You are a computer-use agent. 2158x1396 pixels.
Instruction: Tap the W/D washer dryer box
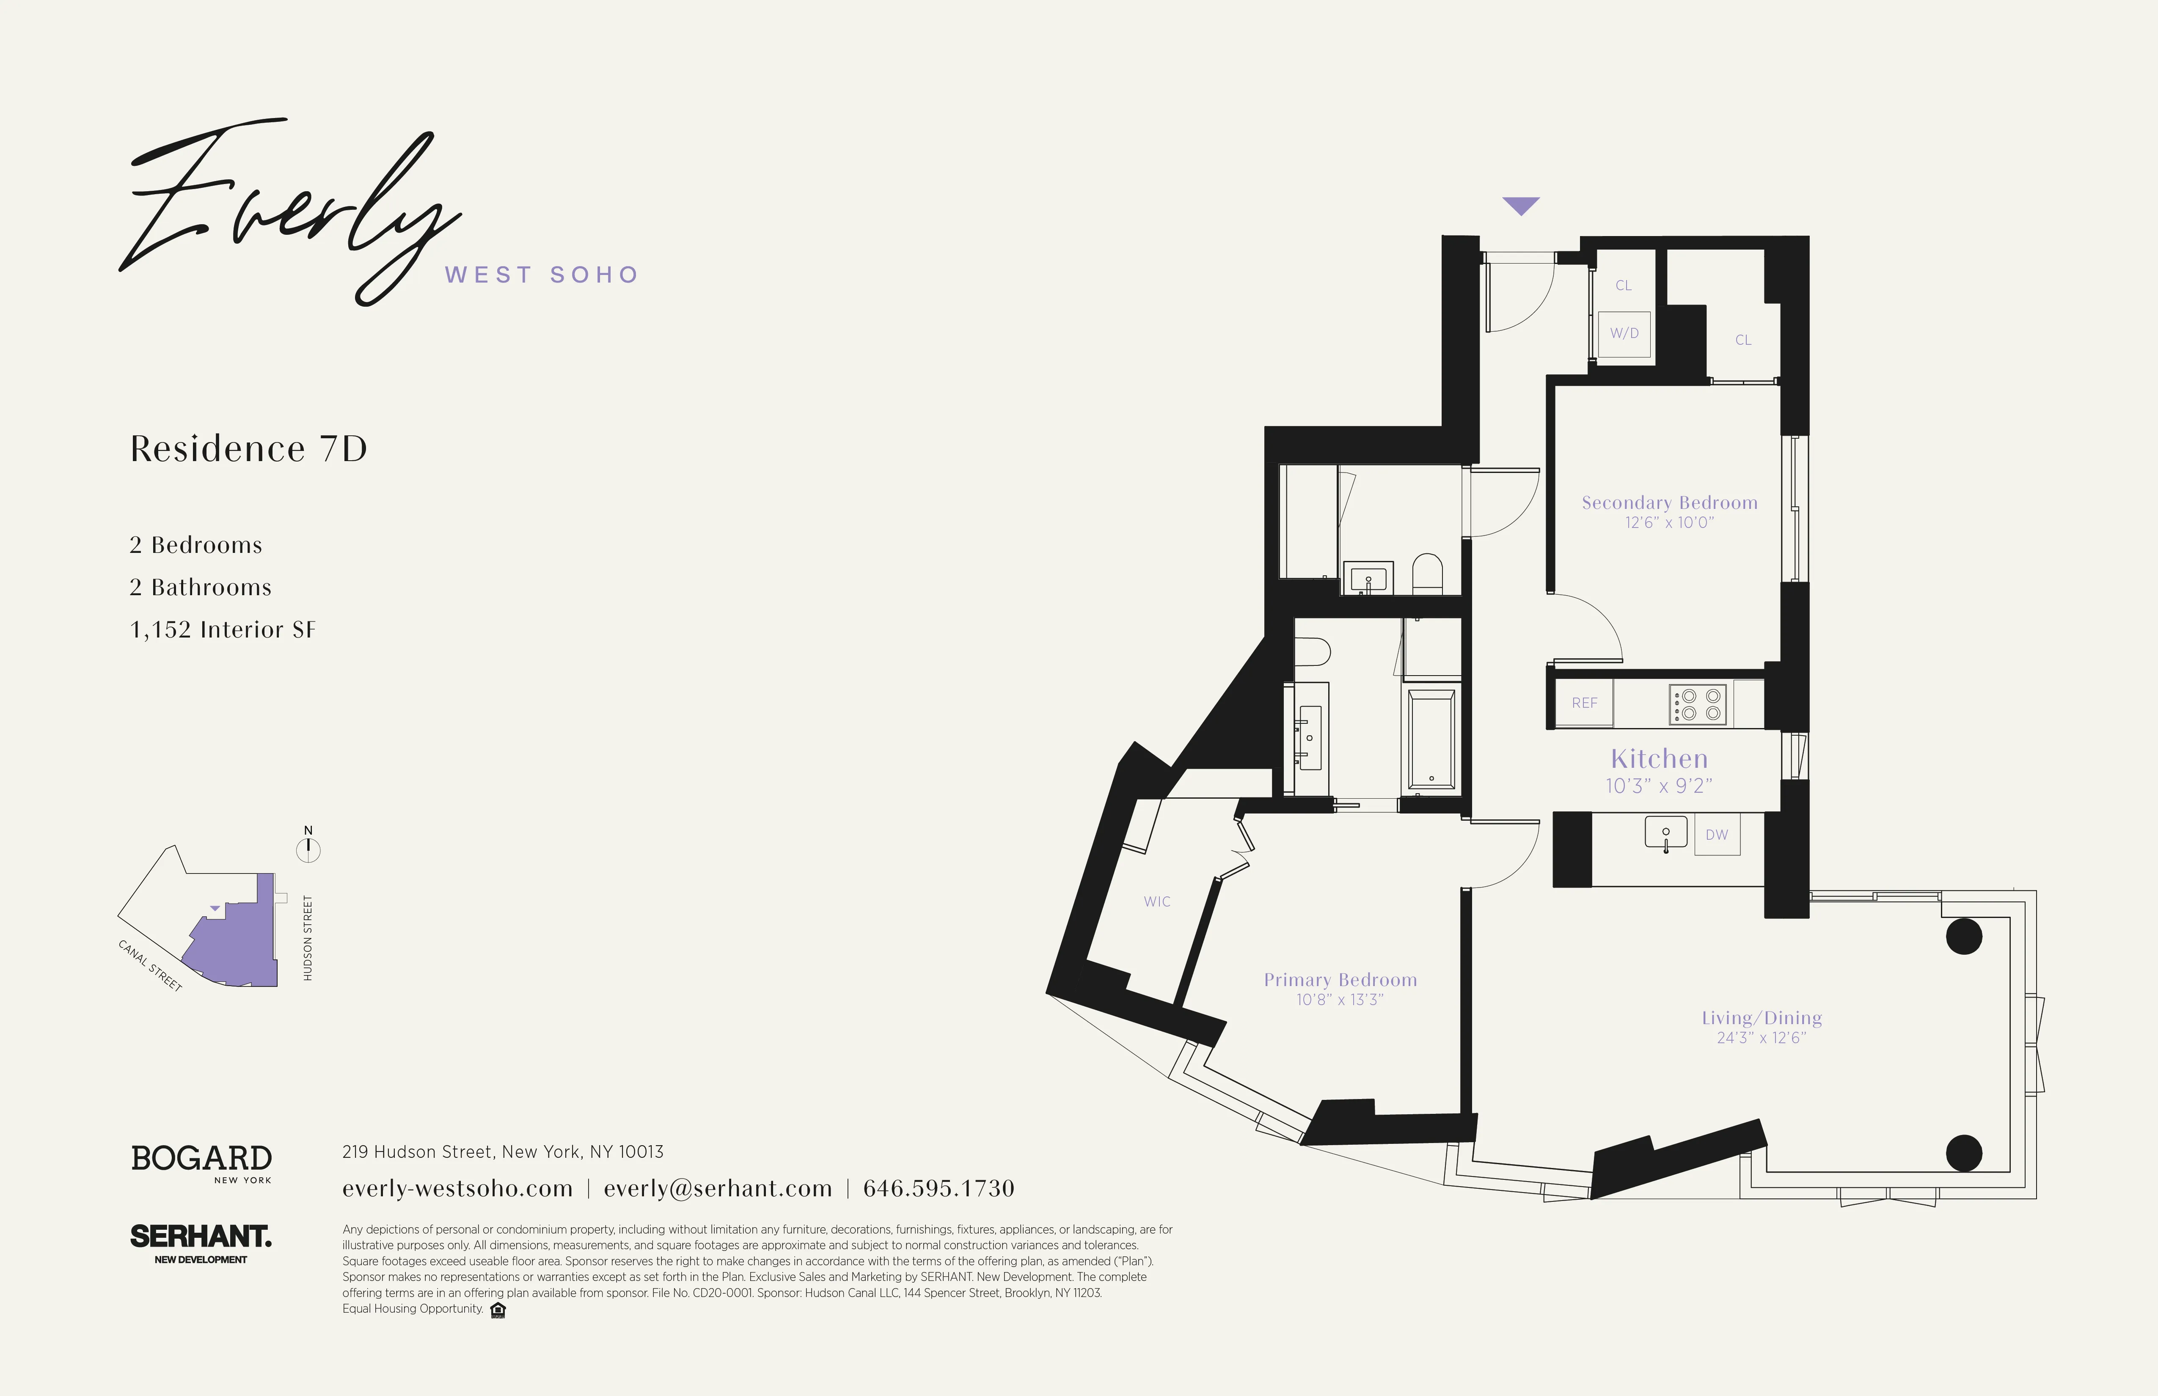[x=1624, y=334]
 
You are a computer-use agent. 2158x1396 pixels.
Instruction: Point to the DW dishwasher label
[x=1716, y=835]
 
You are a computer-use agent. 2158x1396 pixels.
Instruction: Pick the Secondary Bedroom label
[x=1669, y=502]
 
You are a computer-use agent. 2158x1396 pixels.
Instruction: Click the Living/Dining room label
[x=1761, y=1018]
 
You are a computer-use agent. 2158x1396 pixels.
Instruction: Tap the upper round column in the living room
[x=1964, y=937]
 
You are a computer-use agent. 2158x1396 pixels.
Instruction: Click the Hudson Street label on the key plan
[x=307, y=937]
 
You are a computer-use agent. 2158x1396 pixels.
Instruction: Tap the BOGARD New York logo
[x=201, y=1162]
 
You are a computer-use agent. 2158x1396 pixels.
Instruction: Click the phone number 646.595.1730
[x=939, y=1188]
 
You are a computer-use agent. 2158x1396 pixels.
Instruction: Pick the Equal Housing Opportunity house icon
[x=498, y=1310]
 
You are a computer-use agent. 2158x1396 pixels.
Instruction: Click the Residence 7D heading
[x=248, y=449]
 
